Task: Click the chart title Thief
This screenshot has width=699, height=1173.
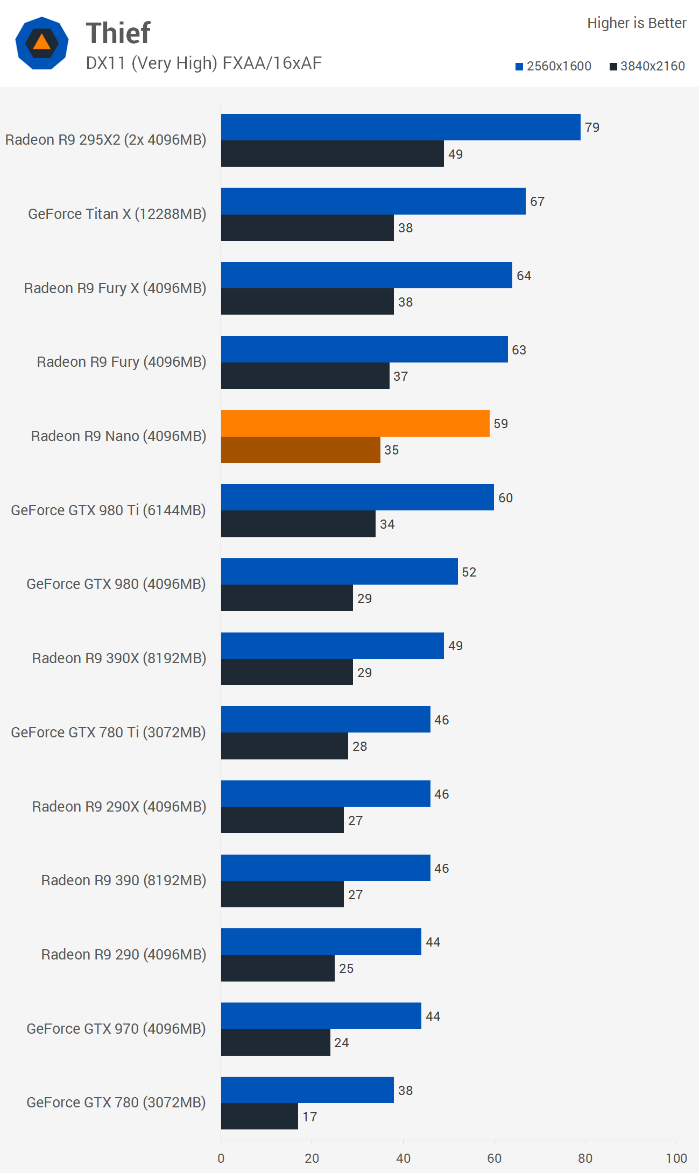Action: (x=118, y=33)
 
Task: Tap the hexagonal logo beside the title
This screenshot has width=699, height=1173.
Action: (x=42, y=43)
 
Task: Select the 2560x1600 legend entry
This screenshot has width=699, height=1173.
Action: (x=553, y=66)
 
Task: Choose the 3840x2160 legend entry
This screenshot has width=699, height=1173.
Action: (x=647, y=66)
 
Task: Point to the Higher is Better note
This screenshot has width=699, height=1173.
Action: (x=637, y=23)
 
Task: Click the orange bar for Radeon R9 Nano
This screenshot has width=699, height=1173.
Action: (x=355, y=423)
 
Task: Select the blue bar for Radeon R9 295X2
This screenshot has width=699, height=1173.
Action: (x=400, y=127)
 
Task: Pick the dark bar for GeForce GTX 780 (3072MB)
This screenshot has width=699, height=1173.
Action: (x=259, y=1117)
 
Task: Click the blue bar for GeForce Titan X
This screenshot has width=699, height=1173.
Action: (x=373, y=201)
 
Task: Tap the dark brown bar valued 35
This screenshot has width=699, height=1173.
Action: (x=300, y=450)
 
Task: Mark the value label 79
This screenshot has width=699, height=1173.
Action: (x=592, y=127)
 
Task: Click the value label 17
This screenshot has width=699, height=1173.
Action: (x=309, y=1117)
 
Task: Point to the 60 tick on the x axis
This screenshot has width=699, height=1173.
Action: (x=494, y=1158)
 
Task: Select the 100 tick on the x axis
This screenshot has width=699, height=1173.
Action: (x=676, y=1158)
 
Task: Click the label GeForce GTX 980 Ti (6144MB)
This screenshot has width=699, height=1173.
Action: (x=108, y=510)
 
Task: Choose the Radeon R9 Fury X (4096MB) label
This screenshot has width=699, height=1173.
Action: (x=115, y=288)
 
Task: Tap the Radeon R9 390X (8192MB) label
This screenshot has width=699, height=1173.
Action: (x=119, y=658)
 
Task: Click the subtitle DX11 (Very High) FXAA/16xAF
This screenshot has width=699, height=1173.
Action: (x=203, y=63)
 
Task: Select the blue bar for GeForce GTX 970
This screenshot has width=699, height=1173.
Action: (x=321, y=1015)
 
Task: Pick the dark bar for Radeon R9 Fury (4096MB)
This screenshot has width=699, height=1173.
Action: (x=305, y=375)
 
